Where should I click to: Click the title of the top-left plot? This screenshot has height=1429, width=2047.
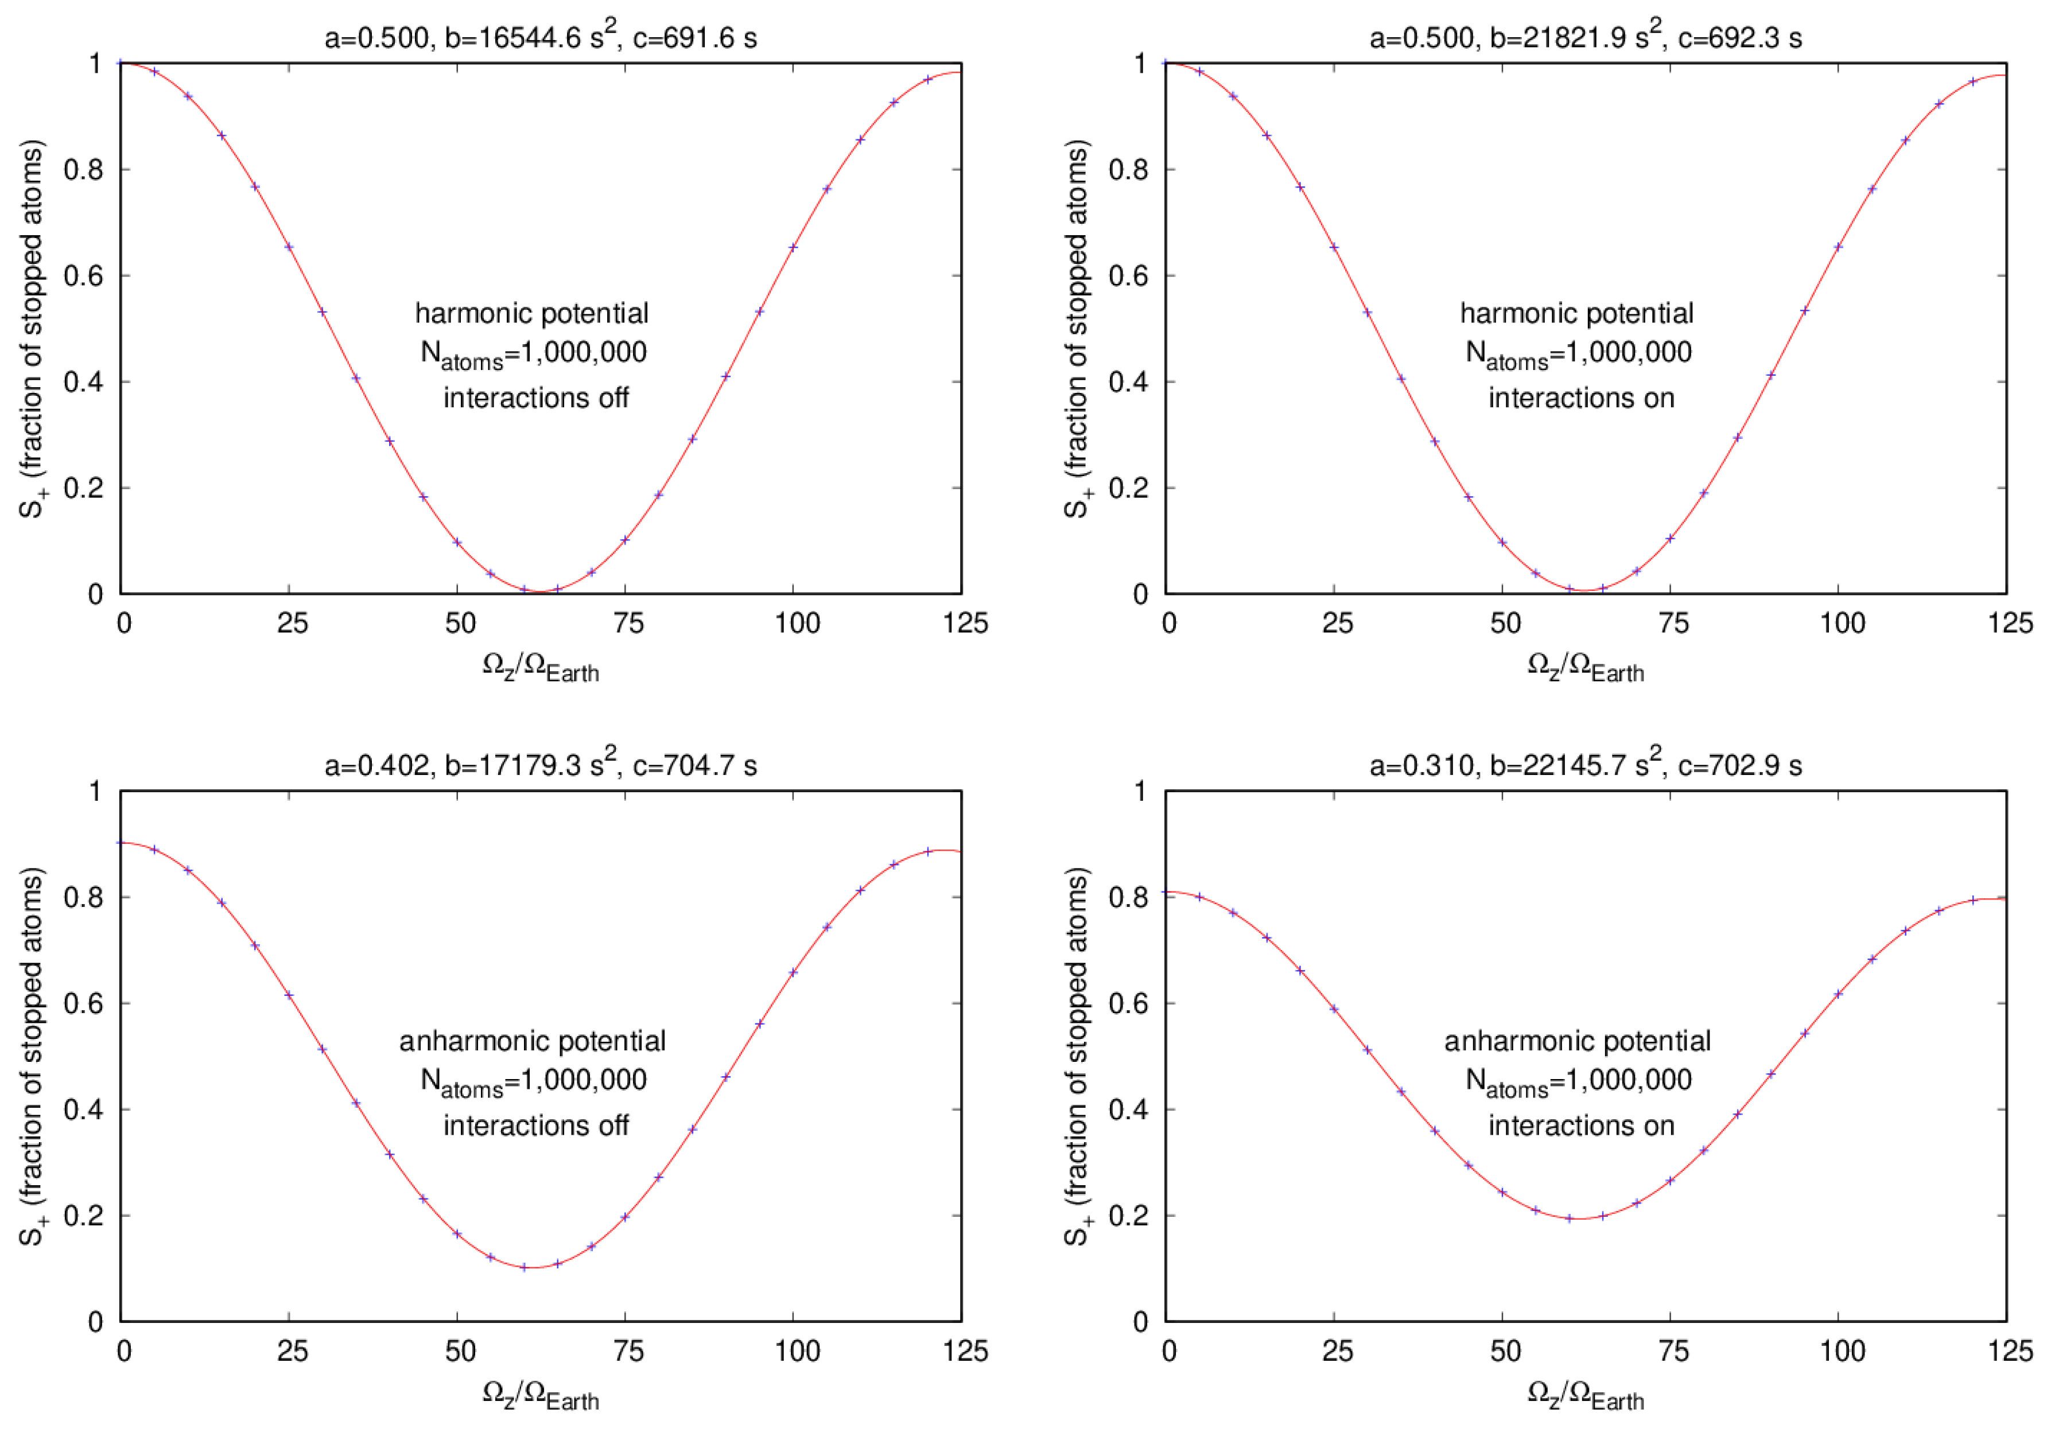pyautogui.click(x=540, y=37)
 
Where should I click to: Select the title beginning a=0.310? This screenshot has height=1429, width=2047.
pyautogui.click(x=1585, y=765)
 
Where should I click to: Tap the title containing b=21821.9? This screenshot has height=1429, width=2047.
pyautogui.click(x=1585, y=37)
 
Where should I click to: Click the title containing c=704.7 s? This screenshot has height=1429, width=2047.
pyautogui.click(x=540, y=765)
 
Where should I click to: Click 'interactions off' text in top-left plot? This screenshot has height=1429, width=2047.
pyautogui.click(x=536, y=398)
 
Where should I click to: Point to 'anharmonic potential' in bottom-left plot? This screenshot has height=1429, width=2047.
pyautogui.click(x=532, y=1041)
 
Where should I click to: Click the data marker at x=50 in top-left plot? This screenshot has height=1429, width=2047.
pyautogui.click(x=457, y=542)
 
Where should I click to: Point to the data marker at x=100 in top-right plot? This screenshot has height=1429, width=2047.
pyautogui.click(x=1838, y=247)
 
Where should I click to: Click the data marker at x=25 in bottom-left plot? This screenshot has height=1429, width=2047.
pyautogui.click(x=289, y=995)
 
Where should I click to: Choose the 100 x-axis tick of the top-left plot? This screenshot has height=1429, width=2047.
pyautogui.click(x=796, y=623)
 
